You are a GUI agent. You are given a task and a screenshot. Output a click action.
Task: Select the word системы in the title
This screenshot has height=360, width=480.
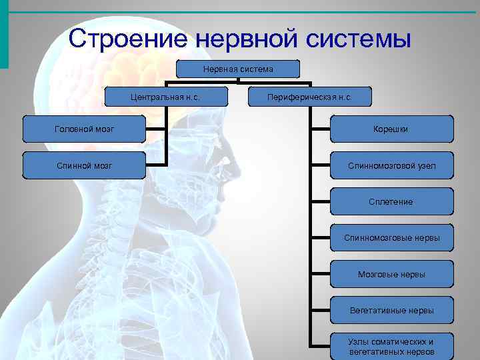(359, 39)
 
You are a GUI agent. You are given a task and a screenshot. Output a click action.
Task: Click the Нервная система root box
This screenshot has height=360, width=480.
(238, 69)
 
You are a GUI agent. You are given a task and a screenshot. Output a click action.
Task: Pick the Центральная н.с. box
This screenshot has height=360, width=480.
(165, 97)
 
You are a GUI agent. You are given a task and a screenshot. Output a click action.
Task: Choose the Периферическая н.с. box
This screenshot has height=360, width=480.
(309, 97)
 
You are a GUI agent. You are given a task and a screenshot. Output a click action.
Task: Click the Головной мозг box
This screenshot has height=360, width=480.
(83, 129)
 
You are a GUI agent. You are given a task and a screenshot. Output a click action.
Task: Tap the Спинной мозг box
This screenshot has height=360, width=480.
(83, 165)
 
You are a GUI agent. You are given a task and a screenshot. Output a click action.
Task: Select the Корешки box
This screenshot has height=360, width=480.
(391, 129)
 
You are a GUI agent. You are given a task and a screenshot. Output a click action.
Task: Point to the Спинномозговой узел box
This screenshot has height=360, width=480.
(391, 165)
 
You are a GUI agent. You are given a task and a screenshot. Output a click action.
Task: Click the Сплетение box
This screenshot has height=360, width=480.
(391, 201)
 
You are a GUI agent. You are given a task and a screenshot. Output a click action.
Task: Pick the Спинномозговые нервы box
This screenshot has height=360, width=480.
(391, 237)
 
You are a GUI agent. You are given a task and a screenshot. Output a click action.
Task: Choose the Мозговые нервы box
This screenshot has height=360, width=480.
(391, 274)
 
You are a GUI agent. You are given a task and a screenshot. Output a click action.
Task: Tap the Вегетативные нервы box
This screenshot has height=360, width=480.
(391, 310)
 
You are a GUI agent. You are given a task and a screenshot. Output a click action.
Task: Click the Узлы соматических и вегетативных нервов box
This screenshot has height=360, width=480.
(391, 346)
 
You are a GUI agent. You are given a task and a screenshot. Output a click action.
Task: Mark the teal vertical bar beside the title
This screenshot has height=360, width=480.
(4, 33)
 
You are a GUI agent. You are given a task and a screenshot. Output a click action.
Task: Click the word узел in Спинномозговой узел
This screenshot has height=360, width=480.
(425, 165)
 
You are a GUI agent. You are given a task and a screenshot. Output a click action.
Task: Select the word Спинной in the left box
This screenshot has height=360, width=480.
(69, 165)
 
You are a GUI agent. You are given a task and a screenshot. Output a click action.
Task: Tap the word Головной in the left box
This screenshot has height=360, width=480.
(71, 129)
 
